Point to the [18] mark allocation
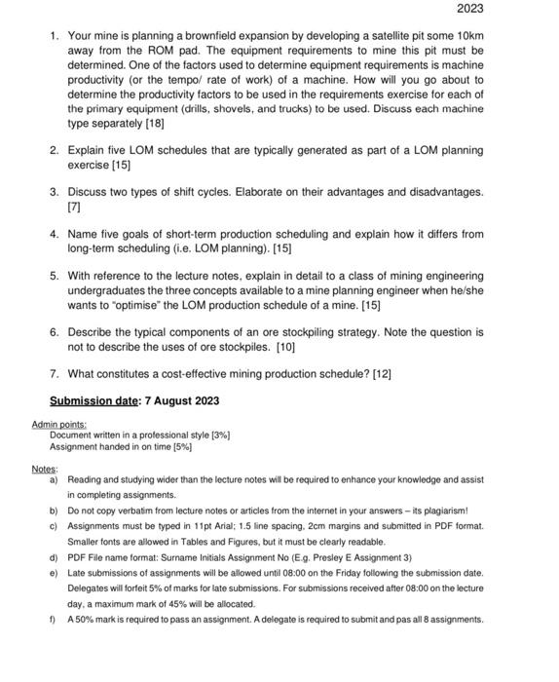[152, 124]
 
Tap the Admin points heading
[58, 424]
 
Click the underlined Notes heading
[44, 469]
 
